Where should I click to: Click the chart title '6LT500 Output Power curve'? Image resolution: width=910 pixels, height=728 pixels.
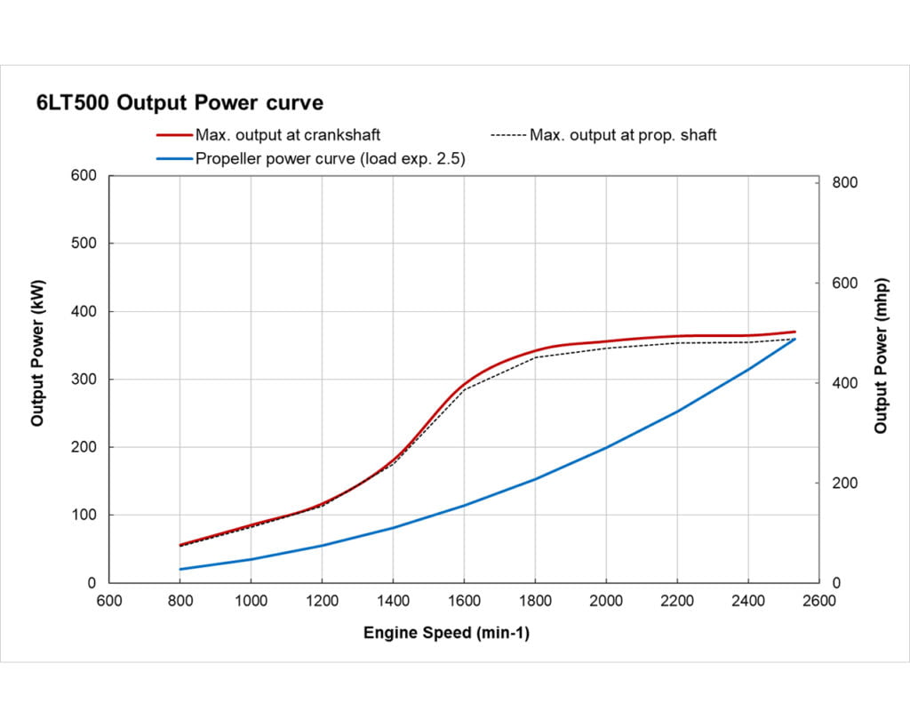pyautogui.click(x=179, y=102)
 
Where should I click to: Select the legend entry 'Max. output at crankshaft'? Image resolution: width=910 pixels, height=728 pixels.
pyautogui.click(x=288, y=135)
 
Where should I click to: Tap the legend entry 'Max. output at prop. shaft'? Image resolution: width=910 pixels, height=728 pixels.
pyautogui.click(x=622, y=135)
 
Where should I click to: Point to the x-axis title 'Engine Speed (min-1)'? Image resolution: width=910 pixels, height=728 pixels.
pyautogui.click(x=447, y=633)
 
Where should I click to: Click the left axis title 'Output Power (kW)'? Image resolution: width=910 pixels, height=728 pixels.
pyautogui.click(x=37, y=353)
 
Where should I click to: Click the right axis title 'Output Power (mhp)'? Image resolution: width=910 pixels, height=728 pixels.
pyautogui.click(x=881, y=356)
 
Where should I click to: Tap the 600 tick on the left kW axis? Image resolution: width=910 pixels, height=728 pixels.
pyautogui.click(x=84, y=175)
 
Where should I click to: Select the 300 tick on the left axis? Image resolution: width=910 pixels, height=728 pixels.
pyautogui.click(x=84, y=380)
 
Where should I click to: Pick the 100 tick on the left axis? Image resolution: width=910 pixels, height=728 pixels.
pyautogui.click(x=84, y=516)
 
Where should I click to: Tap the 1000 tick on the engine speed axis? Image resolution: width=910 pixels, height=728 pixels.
pyautogui.click(x=251, y=601)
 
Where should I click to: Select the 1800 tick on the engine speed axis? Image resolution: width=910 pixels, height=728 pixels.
pyautogui.click(x=535, y=601)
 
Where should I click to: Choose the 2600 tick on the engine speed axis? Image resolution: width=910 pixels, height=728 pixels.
pyautogui.click(x=818, y=601)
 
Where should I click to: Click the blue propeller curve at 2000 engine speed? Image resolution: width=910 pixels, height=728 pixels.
pyautogui.click(x=606, y=447)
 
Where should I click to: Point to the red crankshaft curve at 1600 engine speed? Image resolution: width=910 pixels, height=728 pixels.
pyautogui.click(x=464, y=386)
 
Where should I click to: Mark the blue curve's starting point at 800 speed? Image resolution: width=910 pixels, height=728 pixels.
pyautogui.click(x=180, y=569)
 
